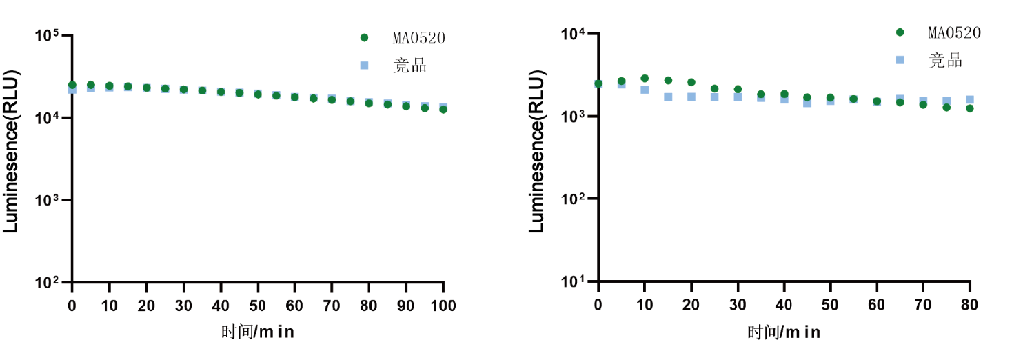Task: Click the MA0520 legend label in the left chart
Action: (x=419, y=38)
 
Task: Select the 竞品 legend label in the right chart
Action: (x=946, y=61)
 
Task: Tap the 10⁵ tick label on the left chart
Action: (x=48, y=36)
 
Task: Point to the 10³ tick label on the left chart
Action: (x=48, y=200)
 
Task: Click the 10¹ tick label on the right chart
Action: (x=574, y=281)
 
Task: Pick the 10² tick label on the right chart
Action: (x=574, y=199)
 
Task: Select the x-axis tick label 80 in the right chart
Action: (x=970, y=305)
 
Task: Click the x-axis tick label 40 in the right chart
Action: (x=784, y=305)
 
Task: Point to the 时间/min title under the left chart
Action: (x=258, y=332)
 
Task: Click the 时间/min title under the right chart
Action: (x=784, y=332)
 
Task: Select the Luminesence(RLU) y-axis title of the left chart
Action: (x=12, y=152)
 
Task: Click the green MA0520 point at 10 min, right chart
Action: (x=645, y=79)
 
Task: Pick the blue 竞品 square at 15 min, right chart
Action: (x=668, y=97)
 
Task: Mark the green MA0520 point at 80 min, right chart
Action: (x=970, y=108)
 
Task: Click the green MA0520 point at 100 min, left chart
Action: (x=443, y=109)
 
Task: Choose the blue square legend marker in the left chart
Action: (x=365, y=66)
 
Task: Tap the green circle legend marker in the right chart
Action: (x=900, y=32)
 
